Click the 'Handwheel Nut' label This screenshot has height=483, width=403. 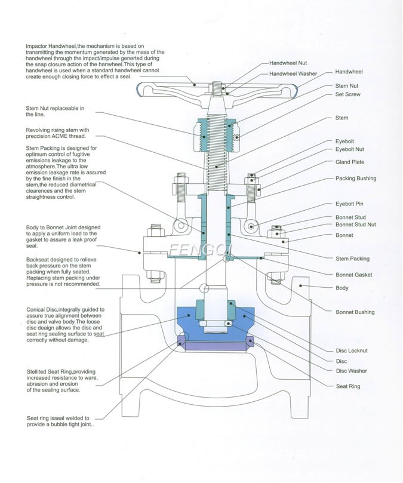coord(288,63)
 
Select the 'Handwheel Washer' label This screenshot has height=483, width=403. coord(293,73)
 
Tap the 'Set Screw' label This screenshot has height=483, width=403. coord(347,94)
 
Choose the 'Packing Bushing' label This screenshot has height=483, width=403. coord(355,178)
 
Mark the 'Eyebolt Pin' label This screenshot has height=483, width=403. coord(349,204)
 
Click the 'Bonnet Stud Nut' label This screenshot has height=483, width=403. coord(355,226)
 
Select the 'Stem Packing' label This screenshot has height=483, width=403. coord(352,259)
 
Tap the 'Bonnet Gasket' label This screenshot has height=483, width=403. coord(353,275)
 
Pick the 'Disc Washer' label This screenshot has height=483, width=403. coord(351,371)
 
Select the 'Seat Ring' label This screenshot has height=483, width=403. coord(349,386)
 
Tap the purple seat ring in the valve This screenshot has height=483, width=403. coord(216,344)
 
